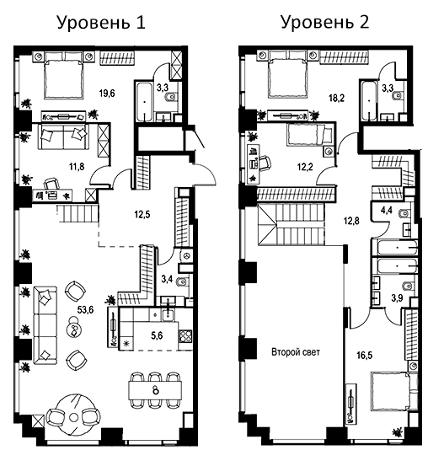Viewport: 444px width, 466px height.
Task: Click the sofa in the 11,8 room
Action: click(65, 137)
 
